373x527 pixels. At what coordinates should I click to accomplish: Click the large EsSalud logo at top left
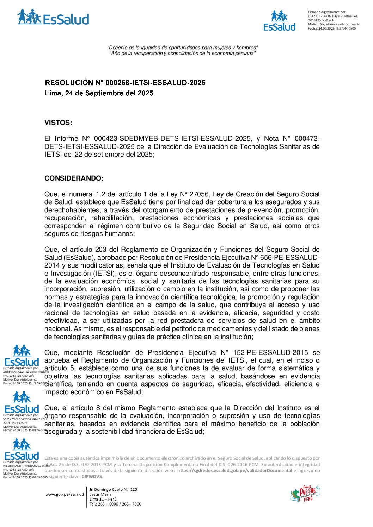pos(53,18)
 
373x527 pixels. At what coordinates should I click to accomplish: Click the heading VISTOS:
pos(58,123)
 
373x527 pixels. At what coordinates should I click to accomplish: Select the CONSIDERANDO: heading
pos(74,178)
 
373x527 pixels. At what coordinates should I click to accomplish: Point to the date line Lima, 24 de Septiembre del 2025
pos(99,93)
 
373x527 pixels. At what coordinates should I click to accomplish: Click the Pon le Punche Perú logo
pos(305,494)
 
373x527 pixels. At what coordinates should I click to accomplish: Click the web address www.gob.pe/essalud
pos(65,494)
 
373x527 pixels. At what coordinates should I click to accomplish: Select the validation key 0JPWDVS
pos(92,477)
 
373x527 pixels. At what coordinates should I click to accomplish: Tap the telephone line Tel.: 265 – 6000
pos(115,504)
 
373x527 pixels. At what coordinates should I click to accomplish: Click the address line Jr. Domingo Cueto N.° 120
pos(113,489)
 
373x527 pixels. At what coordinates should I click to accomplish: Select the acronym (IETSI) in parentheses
pos(105,274)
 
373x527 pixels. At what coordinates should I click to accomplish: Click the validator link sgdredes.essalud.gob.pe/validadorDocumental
pos(234,471)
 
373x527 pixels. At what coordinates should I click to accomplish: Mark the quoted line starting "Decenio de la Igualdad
pos(182,48)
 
